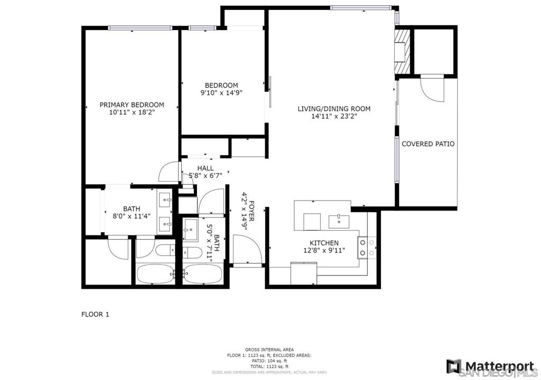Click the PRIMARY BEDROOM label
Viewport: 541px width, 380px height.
click(132, 105)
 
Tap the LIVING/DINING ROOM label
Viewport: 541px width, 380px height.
click(334, 109)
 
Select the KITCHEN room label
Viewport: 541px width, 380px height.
click(324, 243)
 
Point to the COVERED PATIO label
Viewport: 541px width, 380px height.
click(428, 144)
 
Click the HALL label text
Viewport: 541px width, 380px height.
click(206, 168)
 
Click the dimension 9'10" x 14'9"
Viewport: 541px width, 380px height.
click(221, 93)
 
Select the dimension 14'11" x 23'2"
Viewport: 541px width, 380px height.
click(334, 117)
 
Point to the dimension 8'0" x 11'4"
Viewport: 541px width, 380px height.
click(132, 216)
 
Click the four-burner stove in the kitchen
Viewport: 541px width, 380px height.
click(367, 248)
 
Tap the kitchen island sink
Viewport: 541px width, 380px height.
click(339, 221)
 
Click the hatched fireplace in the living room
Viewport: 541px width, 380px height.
click(402, 51)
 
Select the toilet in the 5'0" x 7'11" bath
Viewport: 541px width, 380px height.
click(192, 253)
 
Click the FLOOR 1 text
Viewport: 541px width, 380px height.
click(95, 315)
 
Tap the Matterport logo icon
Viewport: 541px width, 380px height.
click(454, 366)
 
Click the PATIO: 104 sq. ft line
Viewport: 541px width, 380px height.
click(269, 361)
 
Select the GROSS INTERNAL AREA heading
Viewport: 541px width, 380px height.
click(269, 350)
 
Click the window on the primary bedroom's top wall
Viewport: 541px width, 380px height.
click(140, 28)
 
